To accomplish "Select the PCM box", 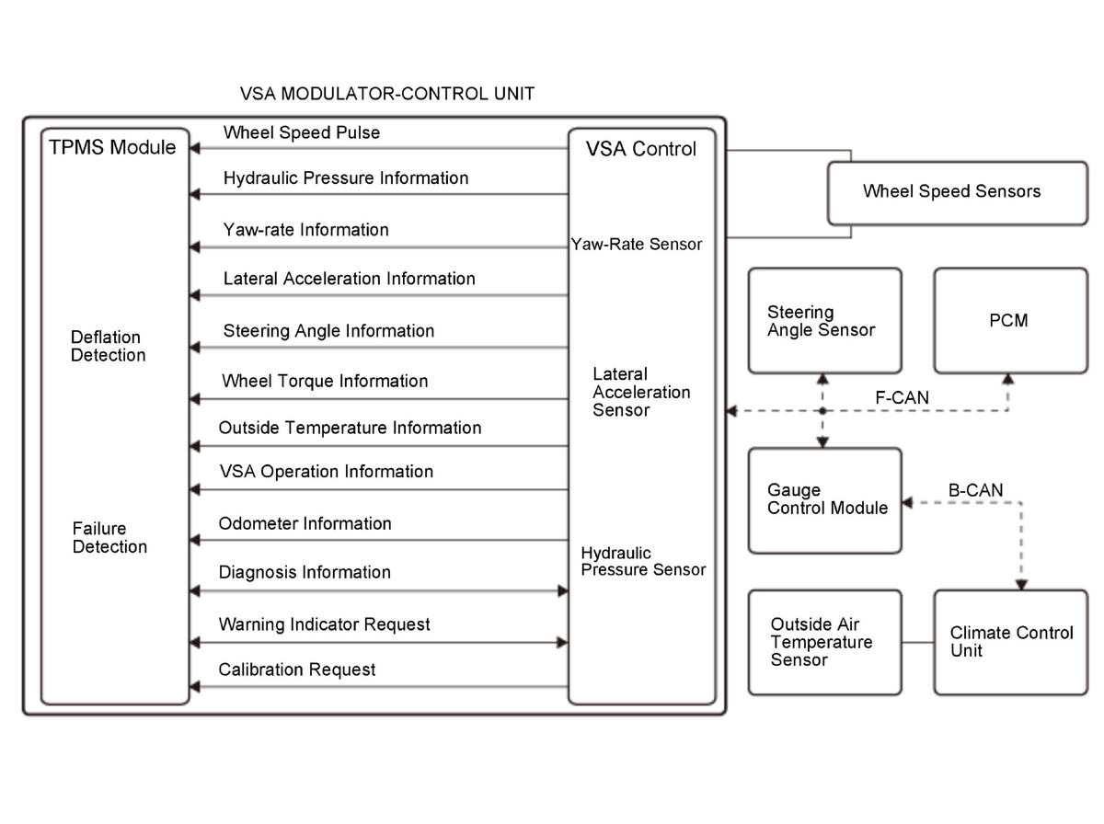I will click(1010, 321).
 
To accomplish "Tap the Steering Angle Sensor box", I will click(823, 321).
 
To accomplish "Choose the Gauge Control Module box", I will click(825, 499).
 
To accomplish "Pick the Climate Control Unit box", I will click(1010, 642).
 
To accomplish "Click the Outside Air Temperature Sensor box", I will click(823, 642).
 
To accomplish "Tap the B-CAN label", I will click(975, 490).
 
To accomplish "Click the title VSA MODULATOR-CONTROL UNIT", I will click(386, 94).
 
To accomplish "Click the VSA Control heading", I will click(641, 149).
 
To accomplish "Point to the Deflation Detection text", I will click(109, 347).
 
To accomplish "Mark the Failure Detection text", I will click(109, 538).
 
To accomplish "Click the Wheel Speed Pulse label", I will click(302, 132).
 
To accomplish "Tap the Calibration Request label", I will click(297, 669).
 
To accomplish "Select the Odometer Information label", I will click(305, 523).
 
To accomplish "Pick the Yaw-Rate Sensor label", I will click(637, 245).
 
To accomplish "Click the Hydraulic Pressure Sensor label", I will click(643, 561).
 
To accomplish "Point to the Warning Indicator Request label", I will click(325, 624).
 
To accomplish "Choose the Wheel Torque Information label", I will click(326, 381).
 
